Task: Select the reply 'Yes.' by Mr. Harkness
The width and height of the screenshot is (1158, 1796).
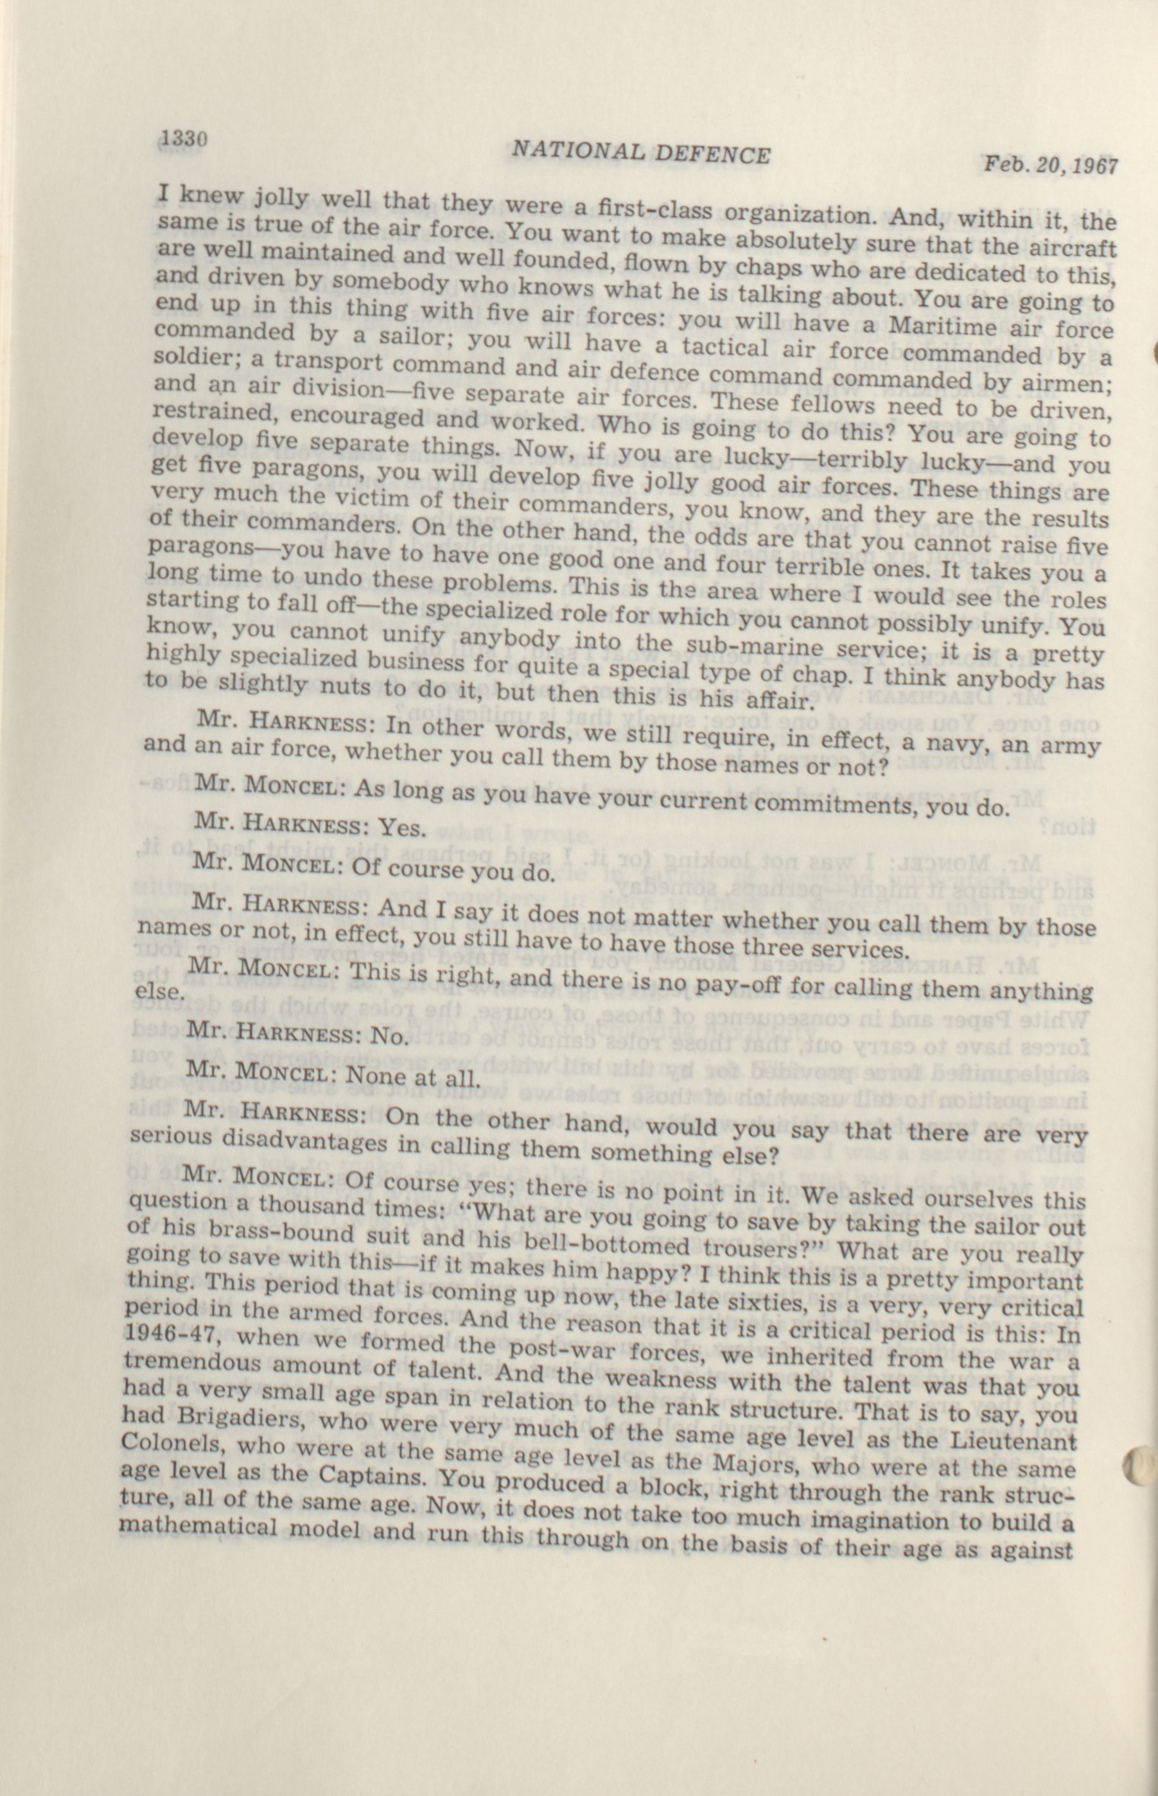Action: pyautogui.click(x=402, y=827)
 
